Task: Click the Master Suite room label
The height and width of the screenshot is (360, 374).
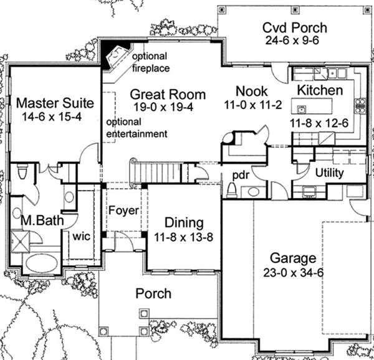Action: pos(55,103)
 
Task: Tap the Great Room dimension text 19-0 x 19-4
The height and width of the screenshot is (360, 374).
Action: pos(163,107)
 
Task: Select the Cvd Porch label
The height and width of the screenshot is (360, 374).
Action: pos(295,27)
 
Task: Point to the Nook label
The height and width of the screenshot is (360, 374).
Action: pos(252,92)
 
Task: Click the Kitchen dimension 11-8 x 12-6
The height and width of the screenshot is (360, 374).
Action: pos(319,123)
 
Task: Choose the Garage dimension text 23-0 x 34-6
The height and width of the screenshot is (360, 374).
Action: pos(294,273)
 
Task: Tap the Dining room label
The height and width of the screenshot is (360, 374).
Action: pos(184,223)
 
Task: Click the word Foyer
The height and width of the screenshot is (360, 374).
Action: pos(123,211)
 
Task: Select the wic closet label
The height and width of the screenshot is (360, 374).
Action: pos(82,237)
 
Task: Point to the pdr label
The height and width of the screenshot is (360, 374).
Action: pos(241,176)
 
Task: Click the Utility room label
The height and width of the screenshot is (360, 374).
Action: pos(329,173)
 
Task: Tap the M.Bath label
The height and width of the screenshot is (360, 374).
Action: pos(42,220)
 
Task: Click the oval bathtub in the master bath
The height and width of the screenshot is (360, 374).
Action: pos(42,263)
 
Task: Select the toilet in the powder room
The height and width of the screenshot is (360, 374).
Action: pos(231,191)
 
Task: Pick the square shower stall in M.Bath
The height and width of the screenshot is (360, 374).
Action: pos(21,242)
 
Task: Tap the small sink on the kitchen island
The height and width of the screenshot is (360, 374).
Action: pos(302,110)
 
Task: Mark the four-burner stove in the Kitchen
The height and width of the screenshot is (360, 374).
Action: pos(360,106)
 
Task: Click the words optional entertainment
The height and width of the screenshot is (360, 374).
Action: pos(137,128)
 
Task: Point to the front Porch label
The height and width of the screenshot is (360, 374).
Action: pos(153,293)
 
